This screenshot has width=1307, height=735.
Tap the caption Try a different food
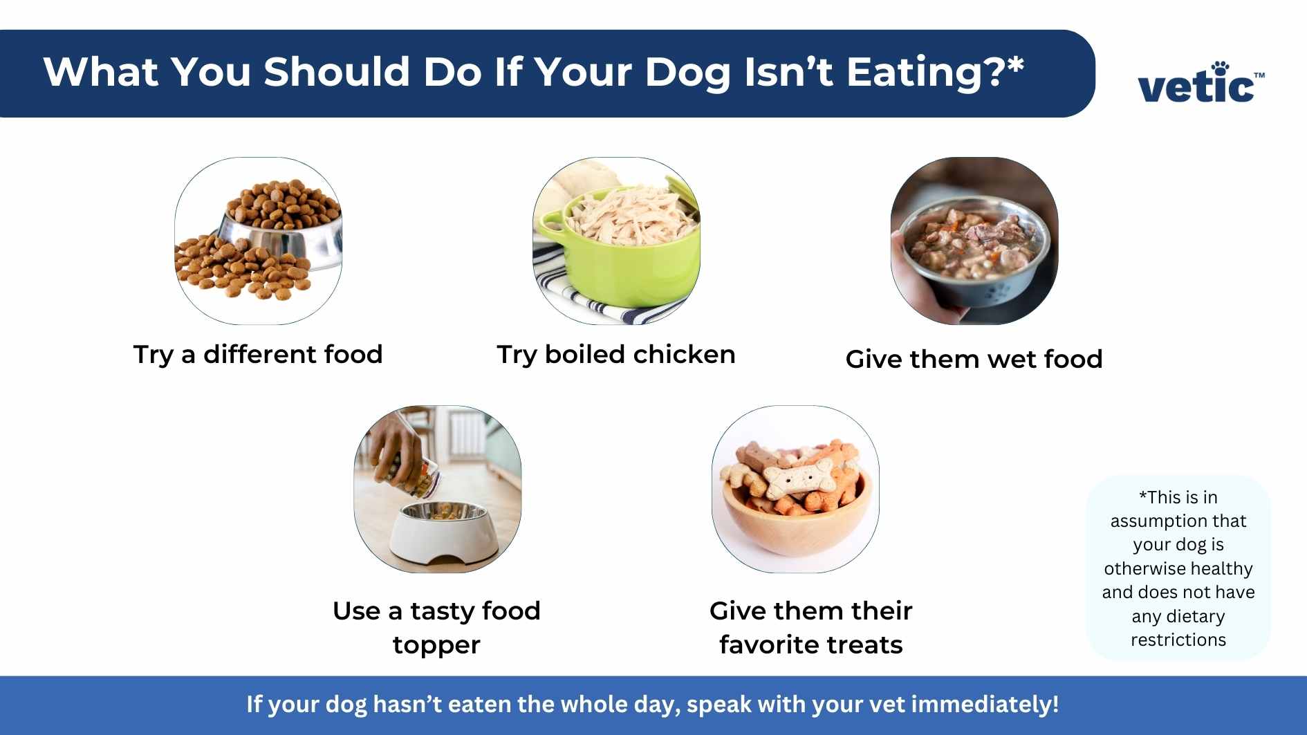(258, 354)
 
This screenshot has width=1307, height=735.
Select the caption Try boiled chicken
(615, 354)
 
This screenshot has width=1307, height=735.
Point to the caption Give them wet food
(974, 359)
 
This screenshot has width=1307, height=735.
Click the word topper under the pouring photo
(436, 645)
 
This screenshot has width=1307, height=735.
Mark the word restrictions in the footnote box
(1178, 640)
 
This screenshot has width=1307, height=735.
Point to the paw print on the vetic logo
(1221, 67)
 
